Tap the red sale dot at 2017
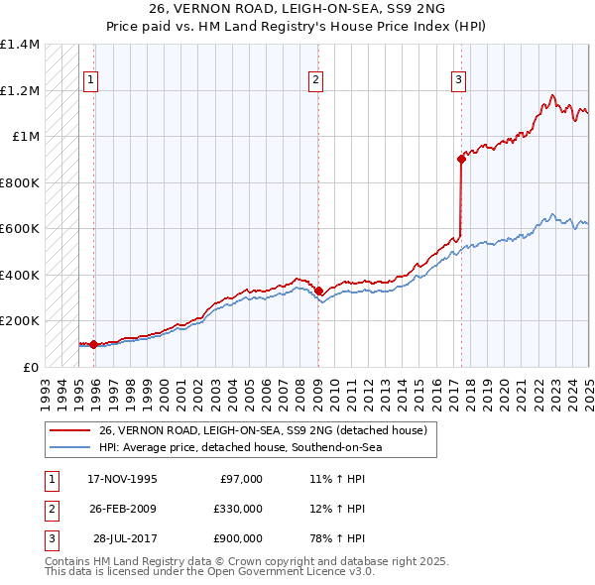[461, 159]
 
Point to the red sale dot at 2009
[318, 291]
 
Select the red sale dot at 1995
[94, 345]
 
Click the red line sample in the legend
[69, 431]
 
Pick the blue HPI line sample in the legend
[69, 447]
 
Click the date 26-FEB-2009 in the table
[122, 509]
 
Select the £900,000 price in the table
[237, 538]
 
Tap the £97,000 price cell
[241, 479]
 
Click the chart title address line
[297, 11]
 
